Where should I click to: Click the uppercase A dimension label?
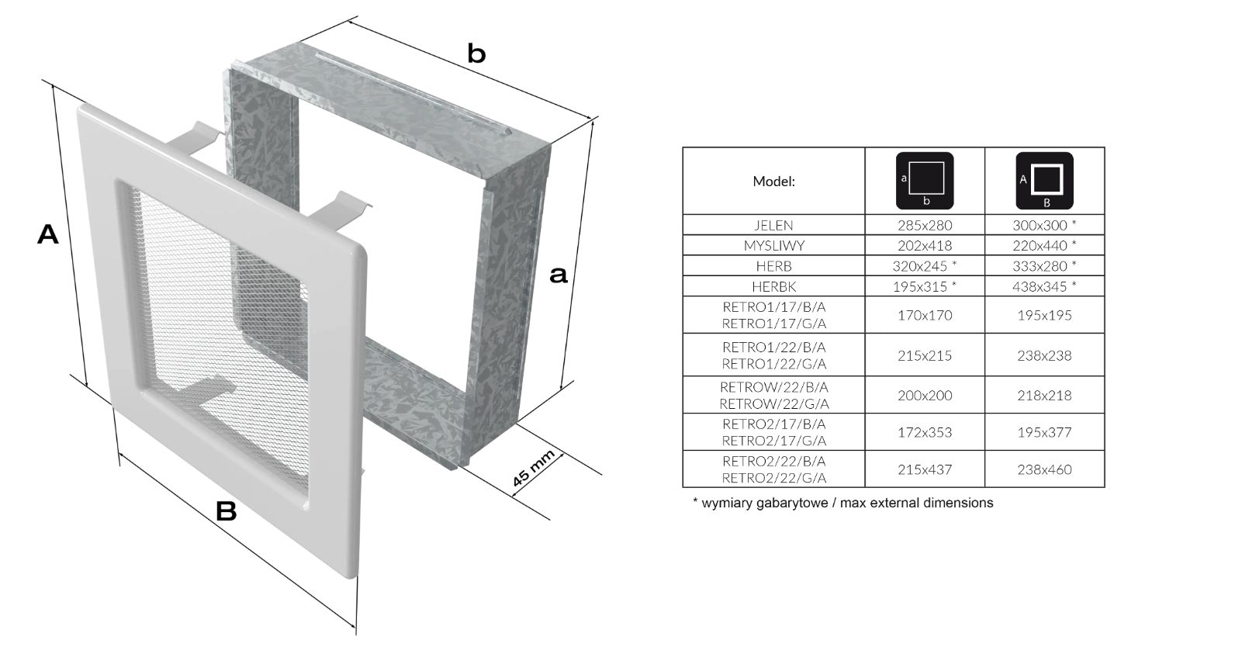tap(47, 234)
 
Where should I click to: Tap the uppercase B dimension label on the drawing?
tap(226, 511)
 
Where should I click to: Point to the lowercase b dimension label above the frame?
tap(476, 54)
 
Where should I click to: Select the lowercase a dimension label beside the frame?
tap(558, 275)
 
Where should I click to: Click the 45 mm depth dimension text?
tap(533, 469)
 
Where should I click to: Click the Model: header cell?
tap(773, 182)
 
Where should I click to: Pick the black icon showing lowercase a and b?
tap(925, 181)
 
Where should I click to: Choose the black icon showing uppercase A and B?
tap(1044, 181)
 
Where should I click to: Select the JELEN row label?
tap(773, 226)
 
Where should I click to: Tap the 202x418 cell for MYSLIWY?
tap(925, 246)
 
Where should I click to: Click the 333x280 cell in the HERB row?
tap(1044, 266)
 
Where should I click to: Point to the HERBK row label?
tap(773, 287)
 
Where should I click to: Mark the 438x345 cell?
tap(1044, 287)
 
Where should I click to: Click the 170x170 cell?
tap(925, 315)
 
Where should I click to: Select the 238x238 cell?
tap(1044, 355)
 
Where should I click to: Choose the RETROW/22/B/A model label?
tap(773, 387)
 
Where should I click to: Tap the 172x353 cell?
tap(925, 432)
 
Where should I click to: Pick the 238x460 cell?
tap(1044, 469)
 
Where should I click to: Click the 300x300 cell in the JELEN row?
tap(1044, 226)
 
